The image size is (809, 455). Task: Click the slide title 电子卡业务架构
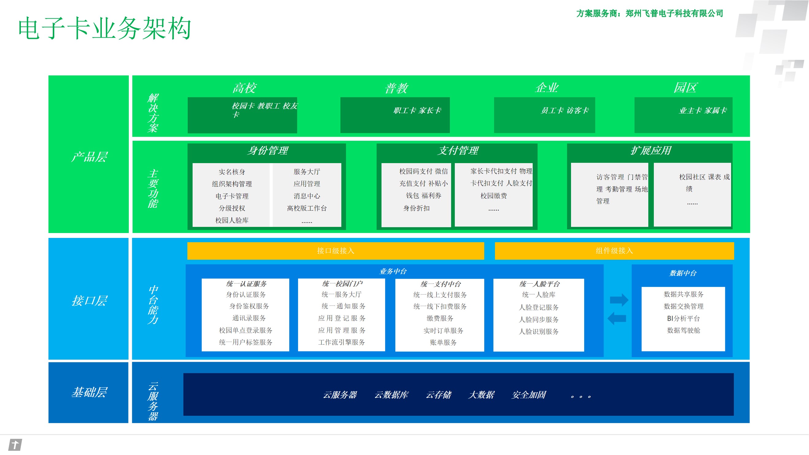105,28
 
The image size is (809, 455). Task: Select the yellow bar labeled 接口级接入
335,250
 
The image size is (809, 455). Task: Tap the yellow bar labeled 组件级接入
614,250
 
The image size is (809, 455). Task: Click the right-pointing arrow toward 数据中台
619,300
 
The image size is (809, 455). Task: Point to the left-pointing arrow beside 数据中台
617,318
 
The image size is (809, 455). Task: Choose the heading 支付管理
458,151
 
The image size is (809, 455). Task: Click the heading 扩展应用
650,151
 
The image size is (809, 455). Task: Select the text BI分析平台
683,318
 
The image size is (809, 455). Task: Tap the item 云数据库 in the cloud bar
391,395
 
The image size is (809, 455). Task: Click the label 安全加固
529,395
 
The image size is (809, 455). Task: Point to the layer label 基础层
89,392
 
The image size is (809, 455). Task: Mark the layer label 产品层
89,157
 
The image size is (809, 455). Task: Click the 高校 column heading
244,88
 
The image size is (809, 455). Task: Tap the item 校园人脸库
232,220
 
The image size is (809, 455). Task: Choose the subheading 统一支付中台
440,284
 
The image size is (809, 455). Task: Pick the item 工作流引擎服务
341,342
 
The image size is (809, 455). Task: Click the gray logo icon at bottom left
15,445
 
